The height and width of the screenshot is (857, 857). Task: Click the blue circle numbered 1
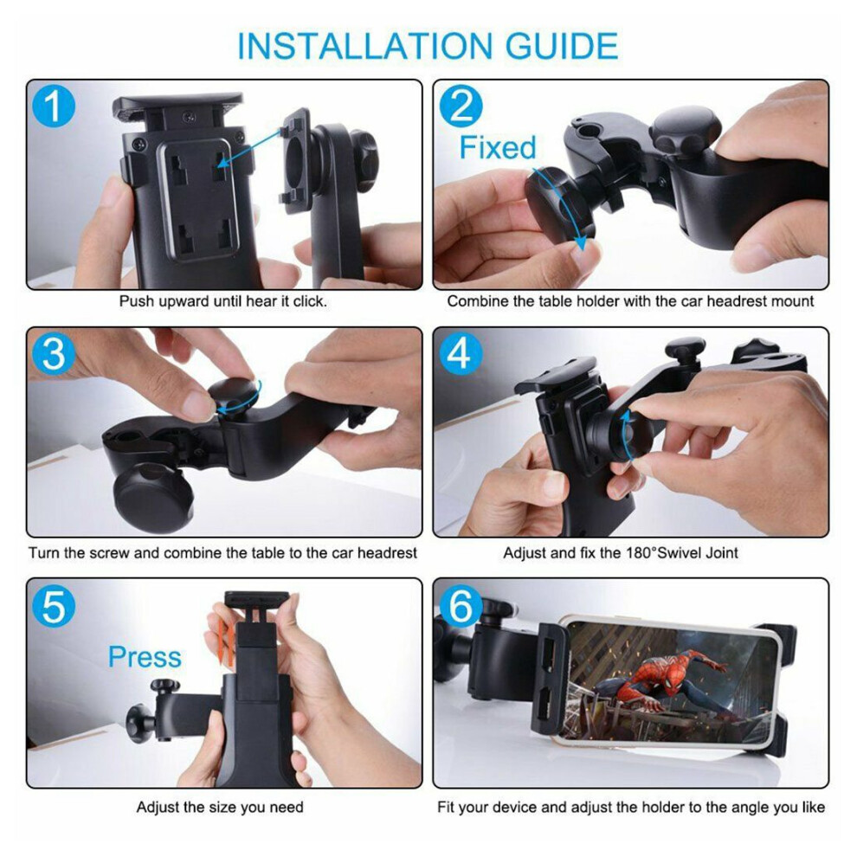(54, 106)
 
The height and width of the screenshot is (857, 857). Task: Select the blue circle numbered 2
(461, 106)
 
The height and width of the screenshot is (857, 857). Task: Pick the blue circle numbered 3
(54, 354)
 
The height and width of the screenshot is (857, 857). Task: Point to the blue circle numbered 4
(461, 354)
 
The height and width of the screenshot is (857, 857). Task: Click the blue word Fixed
(498, 147)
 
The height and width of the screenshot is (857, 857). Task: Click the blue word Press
(145, 656)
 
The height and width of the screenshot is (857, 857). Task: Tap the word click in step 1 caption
(309, 301)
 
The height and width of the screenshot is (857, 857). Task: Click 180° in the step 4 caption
(641, 553)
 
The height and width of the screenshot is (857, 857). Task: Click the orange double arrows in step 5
(225, 640)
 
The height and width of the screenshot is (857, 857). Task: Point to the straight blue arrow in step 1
(253, 146)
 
